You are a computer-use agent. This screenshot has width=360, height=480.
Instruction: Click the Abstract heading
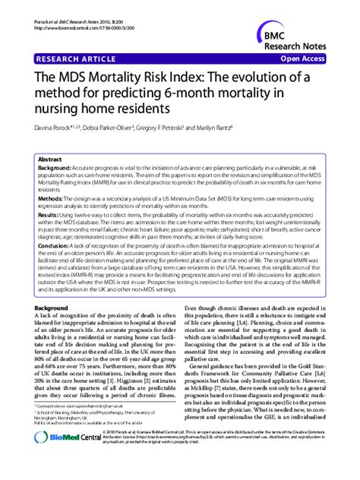pyautogui.click(x=50, y=161)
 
